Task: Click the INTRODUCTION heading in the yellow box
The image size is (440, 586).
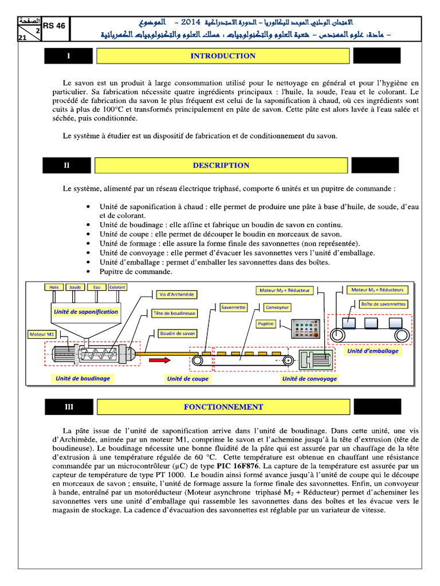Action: [222, 56]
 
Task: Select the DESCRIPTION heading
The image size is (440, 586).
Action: [221, 165]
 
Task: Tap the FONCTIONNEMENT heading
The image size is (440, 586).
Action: [223, 407]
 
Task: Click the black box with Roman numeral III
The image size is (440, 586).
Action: [69, 407]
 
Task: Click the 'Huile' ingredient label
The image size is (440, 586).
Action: [54, 287]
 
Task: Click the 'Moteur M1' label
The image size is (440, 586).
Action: [43, 334]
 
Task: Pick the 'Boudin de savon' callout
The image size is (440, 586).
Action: [178, 333]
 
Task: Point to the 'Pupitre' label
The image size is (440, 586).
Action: [266, 324]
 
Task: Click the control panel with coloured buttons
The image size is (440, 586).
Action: [306, 331]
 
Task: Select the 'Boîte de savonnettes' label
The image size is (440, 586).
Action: [383, 304]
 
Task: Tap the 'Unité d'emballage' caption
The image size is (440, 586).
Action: [372, 351]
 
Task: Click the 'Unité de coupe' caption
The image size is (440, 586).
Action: [188, 378]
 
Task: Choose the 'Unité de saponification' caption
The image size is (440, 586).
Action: [85, 312]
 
